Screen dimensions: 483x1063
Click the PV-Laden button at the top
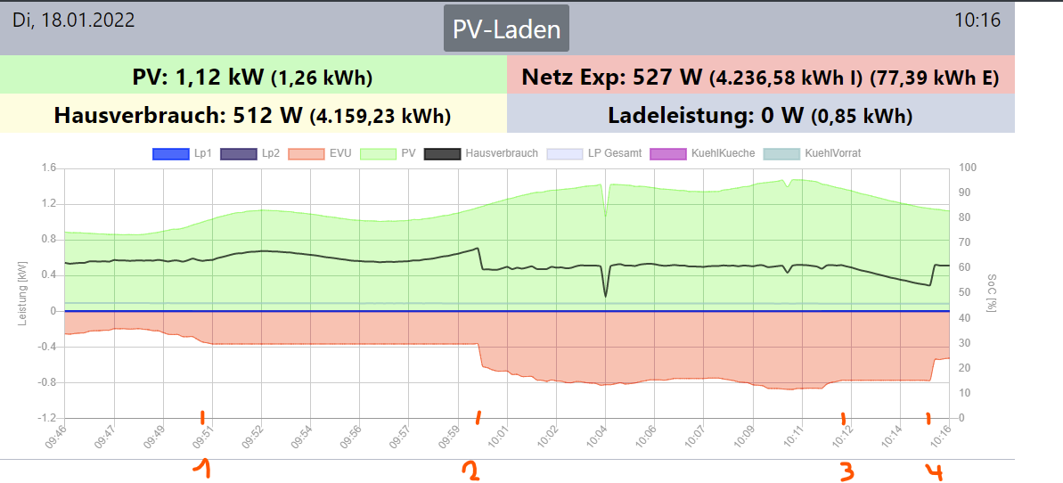click(506, 29)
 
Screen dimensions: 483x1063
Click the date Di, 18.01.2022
click(73, 20)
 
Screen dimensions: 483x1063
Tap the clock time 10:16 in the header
click(977, 20)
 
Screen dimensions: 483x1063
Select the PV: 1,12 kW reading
click(252, 78)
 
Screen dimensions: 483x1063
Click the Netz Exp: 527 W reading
click(760, 78)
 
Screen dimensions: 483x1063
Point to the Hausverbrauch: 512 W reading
click(252, 115)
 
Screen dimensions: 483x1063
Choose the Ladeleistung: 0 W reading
click(760, 115)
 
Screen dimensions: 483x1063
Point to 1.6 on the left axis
click(48, 168)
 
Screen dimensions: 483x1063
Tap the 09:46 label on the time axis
click(57, 434)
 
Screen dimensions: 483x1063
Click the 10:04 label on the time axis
click(598, 434)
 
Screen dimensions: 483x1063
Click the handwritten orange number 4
click(934, 471)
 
